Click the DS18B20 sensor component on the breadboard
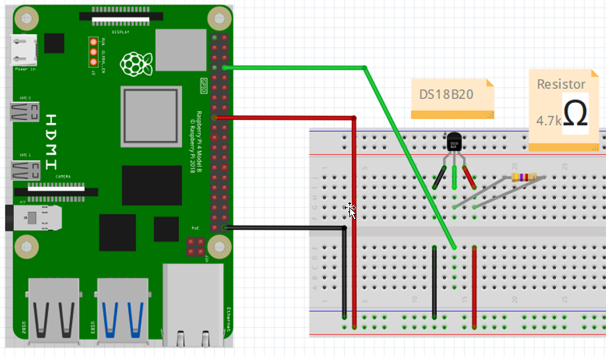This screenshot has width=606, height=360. (454, 142)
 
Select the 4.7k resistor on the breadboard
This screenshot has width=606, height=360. (523, 177)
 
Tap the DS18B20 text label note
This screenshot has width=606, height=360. (447, 94)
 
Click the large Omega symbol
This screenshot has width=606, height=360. (576, 113)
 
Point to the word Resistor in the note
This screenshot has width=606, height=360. (561, 84)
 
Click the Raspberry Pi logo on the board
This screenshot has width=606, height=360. (136, 63)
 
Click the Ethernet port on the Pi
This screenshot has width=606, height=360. (194, 303)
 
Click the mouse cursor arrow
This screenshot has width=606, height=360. (352, 211)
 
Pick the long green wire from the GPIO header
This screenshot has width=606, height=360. (408, 155)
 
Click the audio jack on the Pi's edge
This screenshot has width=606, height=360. (30, 216)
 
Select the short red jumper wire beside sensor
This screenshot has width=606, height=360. (474, 286)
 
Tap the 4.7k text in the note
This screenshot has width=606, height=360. (548, 121)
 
